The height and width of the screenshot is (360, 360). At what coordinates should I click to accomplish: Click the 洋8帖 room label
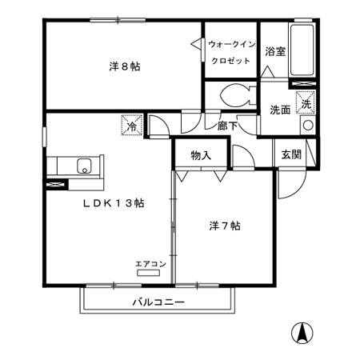point(125,66)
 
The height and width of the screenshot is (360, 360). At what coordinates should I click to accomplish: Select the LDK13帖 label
point(113,203)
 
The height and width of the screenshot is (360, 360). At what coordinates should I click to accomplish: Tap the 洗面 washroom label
point(279,109)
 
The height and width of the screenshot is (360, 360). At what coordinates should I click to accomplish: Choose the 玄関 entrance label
point(291,154)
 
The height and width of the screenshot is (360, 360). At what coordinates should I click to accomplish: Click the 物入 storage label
point(201,155)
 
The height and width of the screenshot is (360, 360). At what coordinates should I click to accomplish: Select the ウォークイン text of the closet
point(231,45)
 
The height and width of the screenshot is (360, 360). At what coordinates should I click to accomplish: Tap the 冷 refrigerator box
point(130,126)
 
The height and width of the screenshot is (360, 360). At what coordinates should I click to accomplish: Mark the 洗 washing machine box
point(305,103)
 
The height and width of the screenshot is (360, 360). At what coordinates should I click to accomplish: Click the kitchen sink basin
point(83,166)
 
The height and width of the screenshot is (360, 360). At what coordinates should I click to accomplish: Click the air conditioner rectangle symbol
point(149,273)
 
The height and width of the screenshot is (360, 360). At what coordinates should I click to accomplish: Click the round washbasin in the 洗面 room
point(307,126)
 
